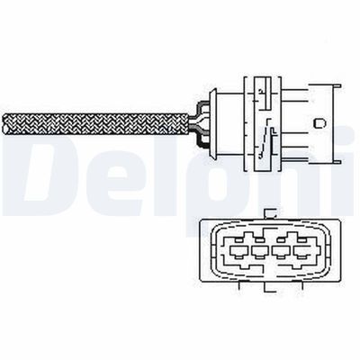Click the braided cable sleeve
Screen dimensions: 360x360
(95, 123)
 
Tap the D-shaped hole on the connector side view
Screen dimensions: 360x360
(319, 123)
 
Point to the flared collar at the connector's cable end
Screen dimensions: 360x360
(213, 123)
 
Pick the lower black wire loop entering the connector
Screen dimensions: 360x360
(202, 139)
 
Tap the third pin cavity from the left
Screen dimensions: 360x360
(282, 250)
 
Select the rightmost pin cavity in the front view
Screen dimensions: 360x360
(302, 250)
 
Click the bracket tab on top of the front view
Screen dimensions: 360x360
(270, 213)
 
